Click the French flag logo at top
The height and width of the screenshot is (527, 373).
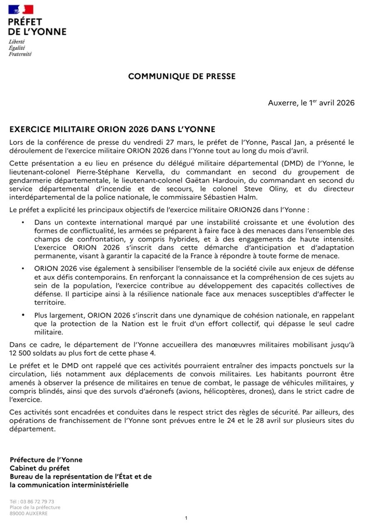[21, 9]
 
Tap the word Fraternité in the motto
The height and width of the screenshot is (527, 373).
[20, 54]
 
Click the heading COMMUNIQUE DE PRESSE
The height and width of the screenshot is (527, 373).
[182, 77]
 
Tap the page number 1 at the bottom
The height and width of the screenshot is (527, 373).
[186, 518]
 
